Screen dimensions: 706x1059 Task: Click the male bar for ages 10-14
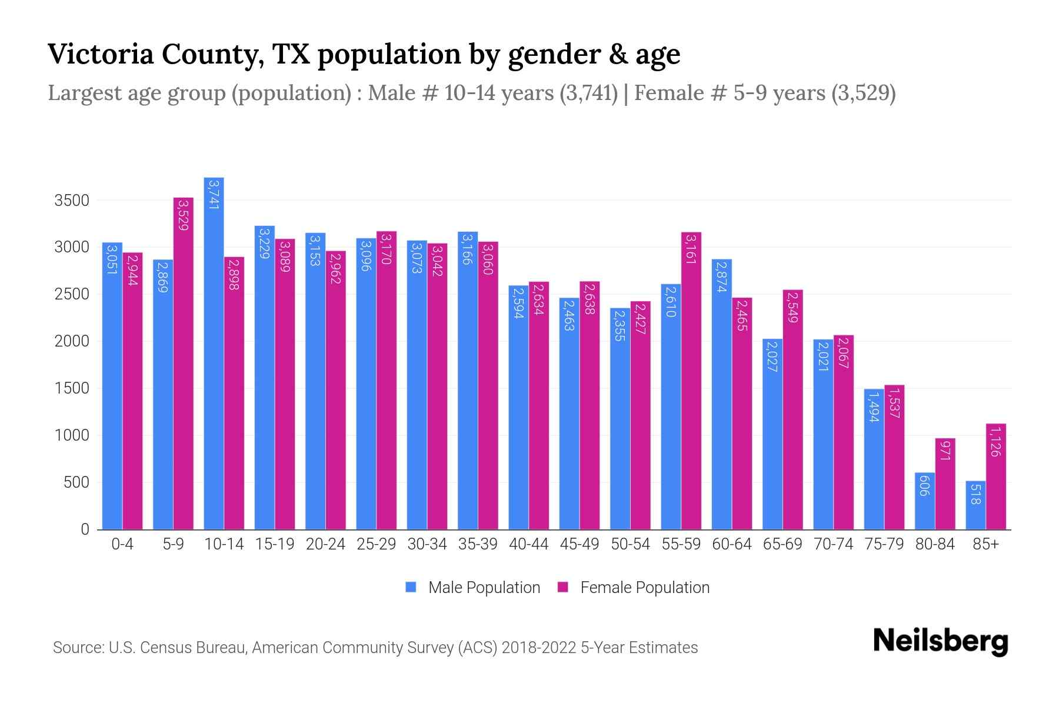(214, 353)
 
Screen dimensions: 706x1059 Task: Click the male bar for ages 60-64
(721, 394)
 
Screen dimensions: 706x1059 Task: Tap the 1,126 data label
(995, 442)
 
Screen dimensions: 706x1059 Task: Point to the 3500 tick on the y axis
(71, 201)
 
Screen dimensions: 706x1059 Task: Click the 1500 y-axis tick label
(71, 388)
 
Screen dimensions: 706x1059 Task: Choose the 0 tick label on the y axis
(85, 529)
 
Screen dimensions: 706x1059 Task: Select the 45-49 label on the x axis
(580, 544)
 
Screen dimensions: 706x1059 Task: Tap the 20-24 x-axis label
(325, 544)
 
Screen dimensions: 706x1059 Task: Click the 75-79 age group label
(884, 544)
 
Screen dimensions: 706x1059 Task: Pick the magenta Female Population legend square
(563, 587)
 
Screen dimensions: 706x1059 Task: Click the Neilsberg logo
(940, 641)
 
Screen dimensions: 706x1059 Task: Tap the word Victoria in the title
(100, 54)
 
